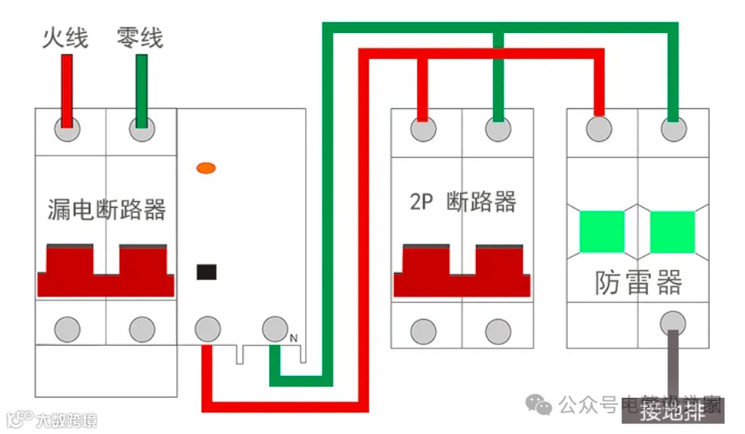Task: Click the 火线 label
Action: pyautogui.click(x=65, y=37)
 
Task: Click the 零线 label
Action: pyautogui.click(x=139, y=37)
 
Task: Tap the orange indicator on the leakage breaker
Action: pyautogui.click(x=205, y=167)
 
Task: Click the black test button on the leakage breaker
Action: pyautogui.click(x=206, y=271)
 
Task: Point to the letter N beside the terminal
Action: pyautogui.click(x=294, y=338)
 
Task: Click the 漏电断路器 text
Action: pyautogui.click(x=107, y=209)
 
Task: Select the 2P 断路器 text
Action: pyautogui.click(x=461, y=202)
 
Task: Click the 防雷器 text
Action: pyautogui.click(x=638, y=282)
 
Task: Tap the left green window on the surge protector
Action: pyautogui.click(x=602, y=232)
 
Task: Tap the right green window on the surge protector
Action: pyautogui.click(x=672, y=232)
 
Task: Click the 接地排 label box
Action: pyautogui.click(x=672, y=412)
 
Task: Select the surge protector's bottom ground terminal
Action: pyautogui.click(x=673, y=321)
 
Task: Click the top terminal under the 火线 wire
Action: pyautogui.click(x=67, y=130)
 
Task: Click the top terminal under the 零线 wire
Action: pyautogui.click(x=141, y=130)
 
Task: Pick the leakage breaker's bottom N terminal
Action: pyautogui.click(x=274, y=329)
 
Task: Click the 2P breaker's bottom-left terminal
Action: pyautogui.click(x=423, y=331)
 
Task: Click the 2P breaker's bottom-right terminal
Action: pyautogui.click(x=497, y=331)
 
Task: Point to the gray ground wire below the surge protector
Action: pyautogui.click(x=672, y=364)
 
